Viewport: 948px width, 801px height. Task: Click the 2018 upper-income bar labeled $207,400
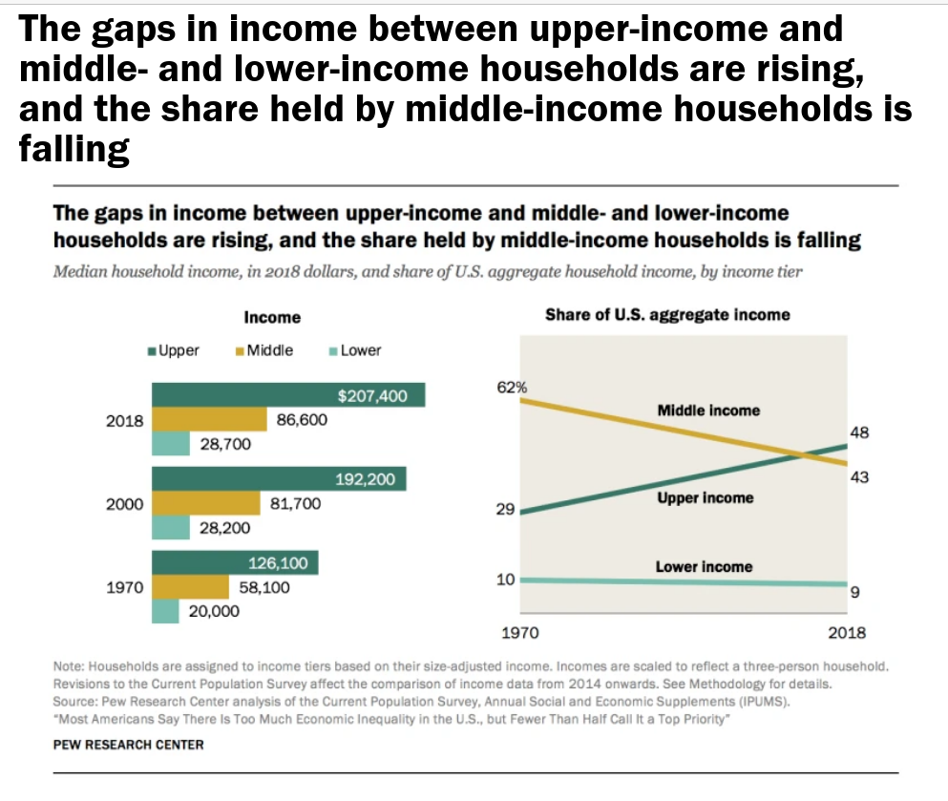tap(286, 395)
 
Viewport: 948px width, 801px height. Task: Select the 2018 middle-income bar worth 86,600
tap(208, 419)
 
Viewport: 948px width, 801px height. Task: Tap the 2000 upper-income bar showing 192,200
tap(278, 479)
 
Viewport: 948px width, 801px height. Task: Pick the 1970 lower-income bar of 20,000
tap(165, 611)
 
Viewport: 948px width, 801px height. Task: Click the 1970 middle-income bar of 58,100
tap(190, 587)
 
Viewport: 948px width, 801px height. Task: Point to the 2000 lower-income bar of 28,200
tap(171, 527)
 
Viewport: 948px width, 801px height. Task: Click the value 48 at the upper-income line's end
tap(859, 432)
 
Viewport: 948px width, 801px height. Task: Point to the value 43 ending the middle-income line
tap(859, 476)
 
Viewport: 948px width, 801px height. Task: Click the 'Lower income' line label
tap(704, 567)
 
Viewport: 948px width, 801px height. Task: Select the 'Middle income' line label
tap(708, 411)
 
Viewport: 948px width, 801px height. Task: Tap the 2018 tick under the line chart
tap(847, 632)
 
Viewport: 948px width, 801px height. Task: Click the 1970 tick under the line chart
tap(520, 632)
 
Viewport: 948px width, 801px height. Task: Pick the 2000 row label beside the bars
tap(124, 504)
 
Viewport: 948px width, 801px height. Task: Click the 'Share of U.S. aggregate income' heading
tap(667, 314)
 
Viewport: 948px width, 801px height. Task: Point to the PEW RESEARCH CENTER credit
tap(129, 744)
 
